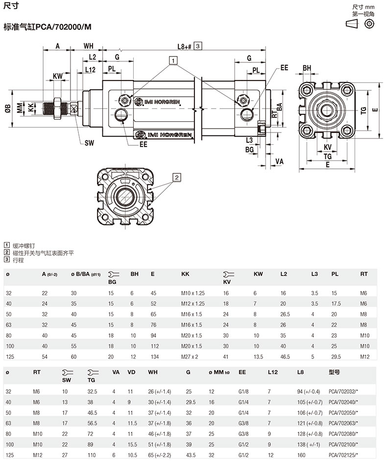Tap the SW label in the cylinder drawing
(x=89, y=143)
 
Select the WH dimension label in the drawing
(x=88, y=46)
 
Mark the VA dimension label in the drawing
(x=280, y=161)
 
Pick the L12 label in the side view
(x=90, y=70)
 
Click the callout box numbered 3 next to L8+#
(x=197, y=46)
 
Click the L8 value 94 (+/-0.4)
(x=308, y=391)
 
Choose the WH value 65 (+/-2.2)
(x=159, y=455)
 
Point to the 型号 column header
(x=334, y=372)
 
